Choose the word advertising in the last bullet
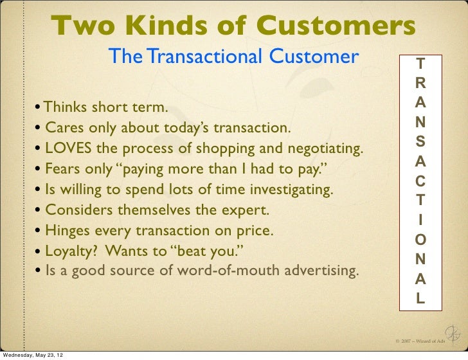[x=321, y=271]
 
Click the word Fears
[x=62, y=170]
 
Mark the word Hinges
[x=67, y=231]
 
